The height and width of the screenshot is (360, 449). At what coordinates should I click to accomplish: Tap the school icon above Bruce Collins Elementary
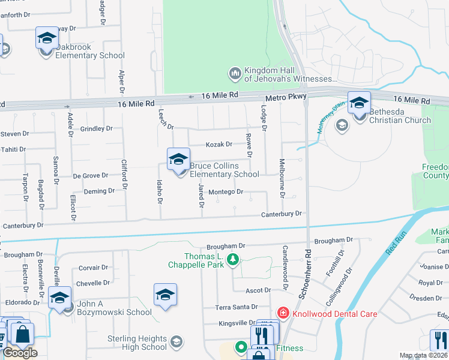tap(178, 159)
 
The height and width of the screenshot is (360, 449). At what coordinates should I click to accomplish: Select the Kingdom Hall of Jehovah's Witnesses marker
tap(235, 74)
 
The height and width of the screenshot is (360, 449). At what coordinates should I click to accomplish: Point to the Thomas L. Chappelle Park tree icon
tap(236, 260)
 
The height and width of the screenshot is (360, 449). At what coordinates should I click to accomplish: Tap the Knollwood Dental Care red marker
tap(282, 313)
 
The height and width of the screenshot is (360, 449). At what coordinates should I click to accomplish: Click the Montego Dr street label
tap(226, 192)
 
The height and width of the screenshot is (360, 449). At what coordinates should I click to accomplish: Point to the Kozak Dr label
tap(218, 145)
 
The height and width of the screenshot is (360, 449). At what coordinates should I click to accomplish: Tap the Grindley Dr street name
tap(96, 128)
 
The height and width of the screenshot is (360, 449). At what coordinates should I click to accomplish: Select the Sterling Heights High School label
tap(137, 343)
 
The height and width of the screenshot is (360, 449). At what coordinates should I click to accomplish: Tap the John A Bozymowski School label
tap(114, 308)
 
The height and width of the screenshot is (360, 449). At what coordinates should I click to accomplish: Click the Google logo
tap(20, 353)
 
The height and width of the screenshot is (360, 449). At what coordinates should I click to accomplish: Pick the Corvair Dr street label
tap(92, 268)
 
